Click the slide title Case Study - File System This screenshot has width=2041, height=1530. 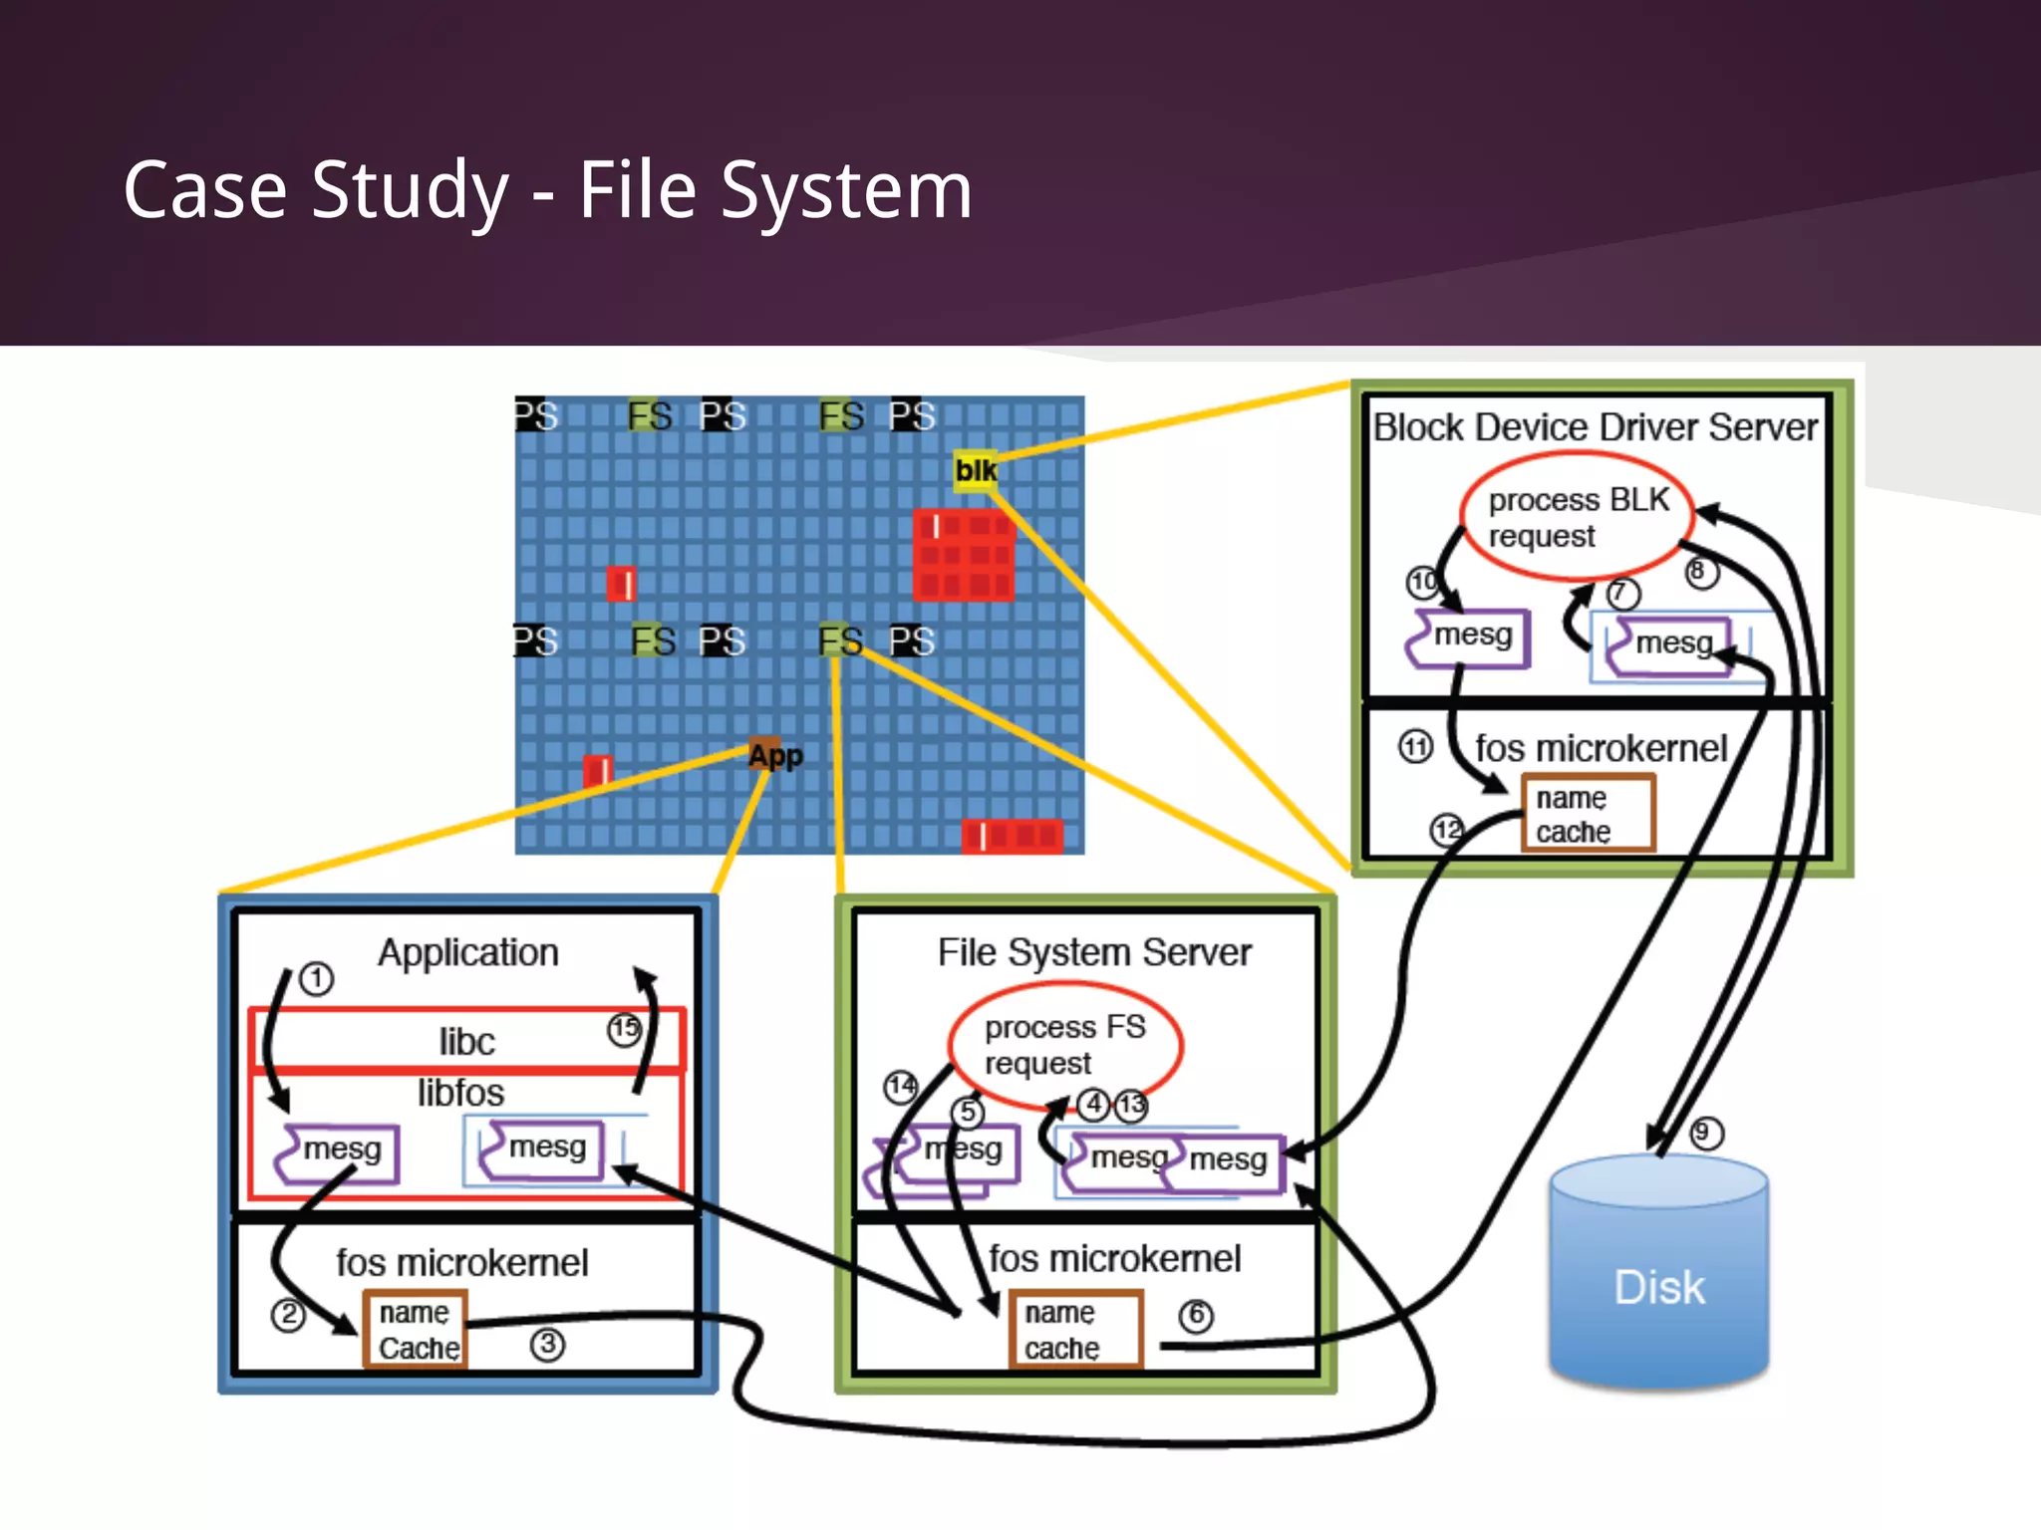[x=547, y=190]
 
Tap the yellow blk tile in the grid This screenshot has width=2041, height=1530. [x=974, y=470]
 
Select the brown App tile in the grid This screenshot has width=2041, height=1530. [x=773, y=755]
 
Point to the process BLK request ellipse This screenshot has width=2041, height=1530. [x=1577, y=517]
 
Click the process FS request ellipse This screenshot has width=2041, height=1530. [x=1064, y=1045]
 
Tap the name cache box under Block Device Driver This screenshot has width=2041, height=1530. [x=1588, y=814]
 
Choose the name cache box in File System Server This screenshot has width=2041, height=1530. [x=1075, y=1330]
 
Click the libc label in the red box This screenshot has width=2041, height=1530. [x=466, y=1042]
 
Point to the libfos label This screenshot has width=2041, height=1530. [x=460, y=1093]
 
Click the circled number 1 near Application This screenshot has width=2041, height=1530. [x=317, y=978]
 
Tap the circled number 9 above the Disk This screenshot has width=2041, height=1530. [x=1705, y=1133]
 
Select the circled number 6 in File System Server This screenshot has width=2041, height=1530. [x=1196, y=1316]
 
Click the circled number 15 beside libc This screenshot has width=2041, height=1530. [x=625, y=1029]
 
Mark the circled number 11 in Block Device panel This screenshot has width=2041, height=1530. [x=1415, y=746]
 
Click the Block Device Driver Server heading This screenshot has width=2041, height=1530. [x=1595, y=427]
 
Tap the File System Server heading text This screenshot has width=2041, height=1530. [x=1093, y=952]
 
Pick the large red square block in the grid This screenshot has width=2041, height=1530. [x=964, y=555]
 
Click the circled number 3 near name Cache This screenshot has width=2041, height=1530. [x=547, y=1345]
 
